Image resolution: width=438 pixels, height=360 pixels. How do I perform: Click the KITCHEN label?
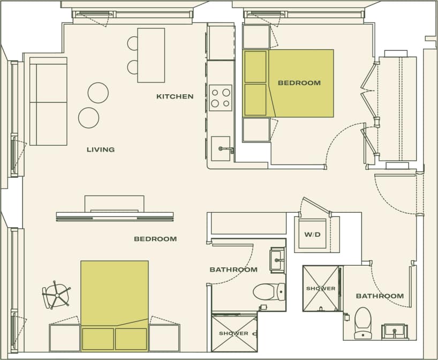175,96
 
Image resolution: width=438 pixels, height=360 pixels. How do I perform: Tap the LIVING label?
101,149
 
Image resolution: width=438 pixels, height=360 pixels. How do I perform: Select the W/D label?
312,234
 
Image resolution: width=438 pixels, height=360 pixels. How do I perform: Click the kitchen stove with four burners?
221,97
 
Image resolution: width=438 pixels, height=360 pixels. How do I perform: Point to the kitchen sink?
221,148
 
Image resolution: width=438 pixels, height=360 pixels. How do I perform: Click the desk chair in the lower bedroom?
56,295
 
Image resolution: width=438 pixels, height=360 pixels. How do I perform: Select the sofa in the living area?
48,101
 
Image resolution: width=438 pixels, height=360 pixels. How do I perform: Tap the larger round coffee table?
98,93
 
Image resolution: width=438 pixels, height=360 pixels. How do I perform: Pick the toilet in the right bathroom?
363,321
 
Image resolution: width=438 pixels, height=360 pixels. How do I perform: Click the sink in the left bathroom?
277,259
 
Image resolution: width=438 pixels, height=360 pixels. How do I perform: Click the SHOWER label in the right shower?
321,288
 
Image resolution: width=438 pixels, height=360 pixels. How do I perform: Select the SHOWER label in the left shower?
233,333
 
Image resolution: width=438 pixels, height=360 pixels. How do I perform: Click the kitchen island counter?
151,55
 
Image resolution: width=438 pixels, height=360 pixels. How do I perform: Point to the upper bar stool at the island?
133,43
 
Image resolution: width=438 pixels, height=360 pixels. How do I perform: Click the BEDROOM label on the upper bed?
299,83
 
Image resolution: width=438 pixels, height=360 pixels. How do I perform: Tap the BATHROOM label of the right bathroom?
380,296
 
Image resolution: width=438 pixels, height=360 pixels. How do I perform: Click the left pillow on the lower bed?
98,339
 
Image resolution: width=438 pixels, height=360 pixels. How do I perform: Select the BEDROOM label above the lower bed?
155,239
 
